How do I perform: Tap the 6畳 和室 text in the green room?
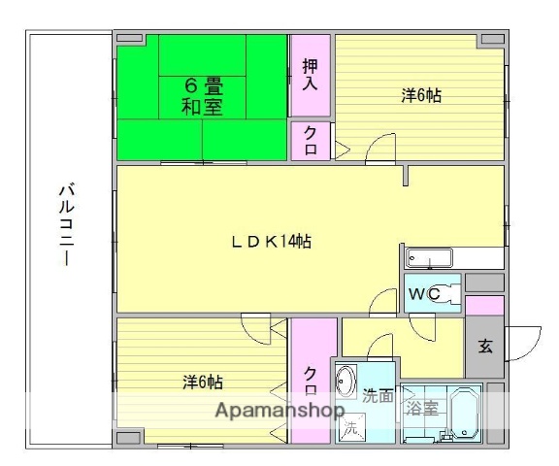pyautogui.click(x=201, y=96)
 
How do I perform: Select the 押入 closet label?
pyautogui.click(x=310, y=74)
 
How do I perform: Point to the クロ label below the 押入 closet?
pyautogui.click(x=310, y=140)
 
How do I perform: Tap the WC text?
pyautogui.click(x=424, y=294)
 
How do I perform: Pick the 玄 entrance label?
pyautogui.click(x=484, y=345)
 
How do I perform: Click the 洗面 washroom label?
pyautogui.click(x=378, y=396)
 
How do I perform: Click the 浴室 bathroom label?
pyautogui.click(x=421, y=408)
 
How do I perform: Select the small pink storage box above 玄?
pyautogui.click(x=484, y=305)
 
